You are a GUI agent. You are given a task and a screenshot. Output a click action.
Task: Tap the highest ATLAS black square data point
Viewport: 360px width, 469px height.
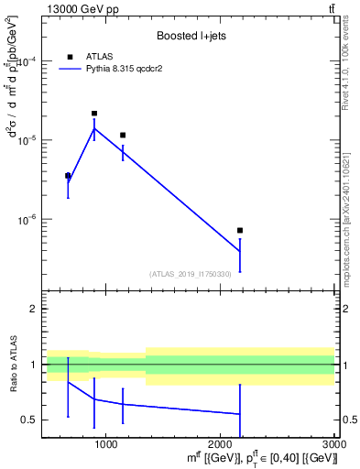[x=94, y=114]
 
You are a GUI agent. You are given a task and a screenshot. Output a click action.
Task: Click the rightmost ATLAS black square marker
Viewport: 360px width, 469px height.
[x=240, y=231]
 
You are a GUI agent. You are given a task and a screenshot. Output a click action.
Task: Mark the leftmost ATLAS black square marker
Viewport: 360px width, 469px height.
[x=68, y=176]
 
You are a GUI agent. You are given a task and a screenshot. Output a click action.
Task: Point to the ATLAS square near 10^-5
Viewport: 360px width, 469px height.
[x=123, y=136]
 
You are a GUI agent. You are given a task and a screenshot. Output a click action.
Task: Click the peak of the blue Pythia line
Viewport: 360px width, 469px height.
[x=94, y=128]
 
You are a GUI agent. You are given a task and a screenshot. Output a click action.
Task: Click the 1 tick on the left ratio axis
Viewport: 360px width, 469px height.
[x=32, y=365]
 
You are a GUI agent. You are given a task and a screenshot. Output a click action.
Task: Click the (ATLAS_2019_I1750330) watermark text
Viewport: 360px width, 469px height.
[x=190, y=274]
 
